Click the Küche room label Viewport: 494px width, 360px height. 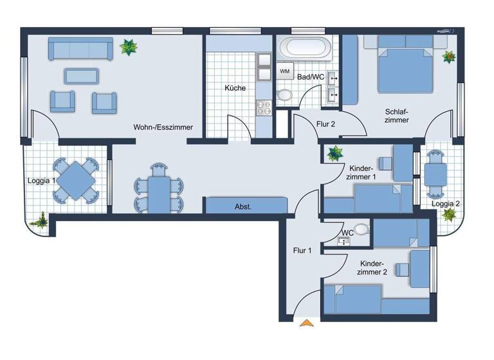pos(235,88)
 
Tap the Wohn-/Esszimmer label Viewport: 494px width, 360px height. pos(163,127)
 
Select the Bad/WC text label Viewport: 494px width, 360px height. pos(311,77)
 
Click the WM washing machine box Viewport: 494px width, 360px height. pos(285,71)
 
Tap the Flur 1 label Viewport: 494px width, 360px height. pos(302,251)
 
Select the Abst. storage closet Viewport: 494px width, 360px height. pos(244,206)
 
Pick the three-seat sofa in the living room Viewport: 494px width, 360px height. pos(80,48)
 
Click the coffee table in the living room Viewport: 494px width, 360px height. pos(82,76)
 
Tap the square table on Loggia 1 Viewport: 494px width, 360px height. pos(76,181)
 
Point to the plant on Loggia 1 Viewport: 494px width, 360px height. pos(41,220)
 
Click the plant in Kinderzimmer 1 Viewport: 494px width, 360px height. pos(334,153)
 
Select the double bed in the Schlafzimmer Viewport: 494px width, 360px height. pos(405,64)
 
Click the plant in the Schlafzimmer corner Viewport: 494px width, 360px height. pos(448,57)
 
